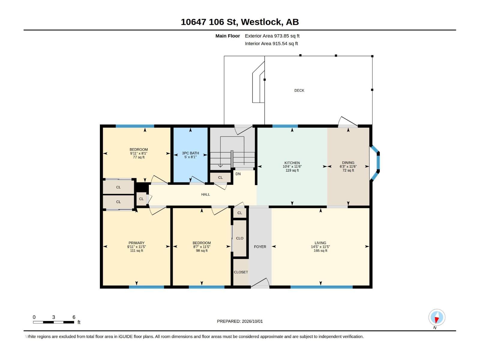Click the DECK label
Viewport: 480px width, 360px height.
point(299,91)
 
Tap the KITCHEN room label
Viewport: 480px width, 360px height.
point(292,163)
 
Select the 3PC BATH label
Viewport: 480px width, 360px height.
point(190,153)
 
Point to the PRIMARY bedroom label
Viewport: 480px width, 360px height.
point(136,243)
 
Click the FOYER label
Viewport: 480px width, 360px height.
point(260,247)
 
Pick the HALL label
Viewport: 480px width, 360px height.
point(205,194)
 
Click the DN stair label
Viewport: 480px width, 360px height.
point(238,174)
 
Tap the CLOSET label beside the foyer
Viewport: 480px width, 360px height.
point(241,272)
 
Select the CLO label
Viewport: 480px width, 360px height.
point(240,238)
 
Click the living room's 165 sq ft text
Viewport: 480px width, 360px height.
point(320,250)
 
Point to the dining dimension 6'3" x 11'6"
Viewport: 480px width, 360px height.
point(348,166)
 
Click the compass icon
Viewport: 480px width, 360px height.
point(437,317)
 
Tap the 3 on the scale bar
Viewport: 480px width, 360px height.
point(54,317)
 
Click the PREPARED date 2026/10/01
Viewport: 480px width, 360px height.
point(252,321)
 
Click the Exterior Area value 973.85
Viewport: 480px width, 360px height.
point(281,36)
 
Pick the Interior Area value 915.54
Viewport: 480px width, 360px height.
point(280,43)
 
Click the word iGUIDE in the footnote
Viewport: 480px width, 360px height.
point(125,337)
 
